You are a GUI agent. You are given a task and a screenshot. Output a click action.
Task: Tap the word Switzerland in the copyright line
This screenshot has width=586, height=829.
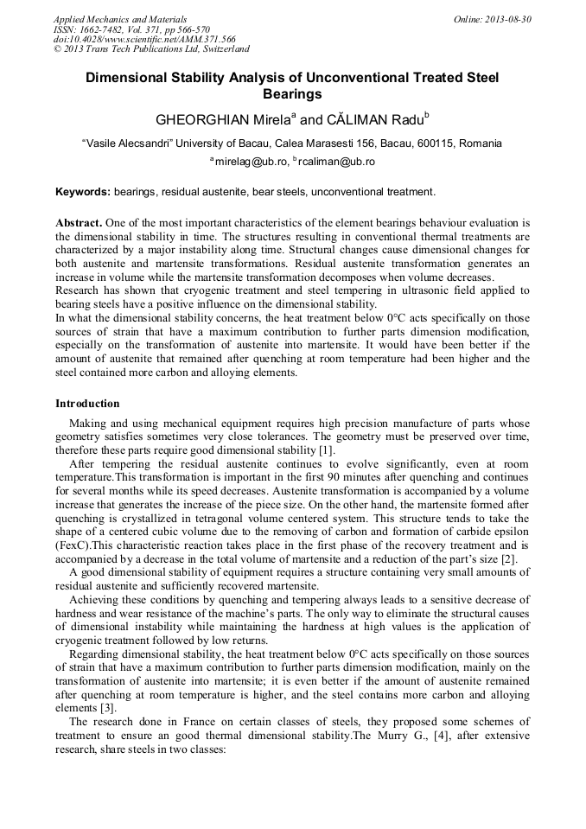coord(220,49)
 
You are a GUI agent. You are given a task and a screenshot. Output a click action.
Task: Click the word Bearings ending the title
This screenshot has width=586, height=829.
coord(292,93)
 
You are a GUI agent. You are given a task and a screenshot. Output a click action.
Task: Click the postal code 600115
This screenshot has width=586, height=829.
coord(436,143)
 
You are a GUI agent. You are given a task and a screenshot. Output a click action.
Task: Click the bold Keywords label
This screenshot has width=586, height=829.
coord(83,191)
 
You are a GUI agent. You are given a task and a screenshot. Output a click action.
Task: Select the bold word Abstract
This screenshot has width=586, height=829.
coord(79,222)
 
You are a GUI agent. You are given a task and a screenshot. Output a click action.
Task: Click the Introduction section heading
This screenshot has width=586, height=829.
coord(87,403)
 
